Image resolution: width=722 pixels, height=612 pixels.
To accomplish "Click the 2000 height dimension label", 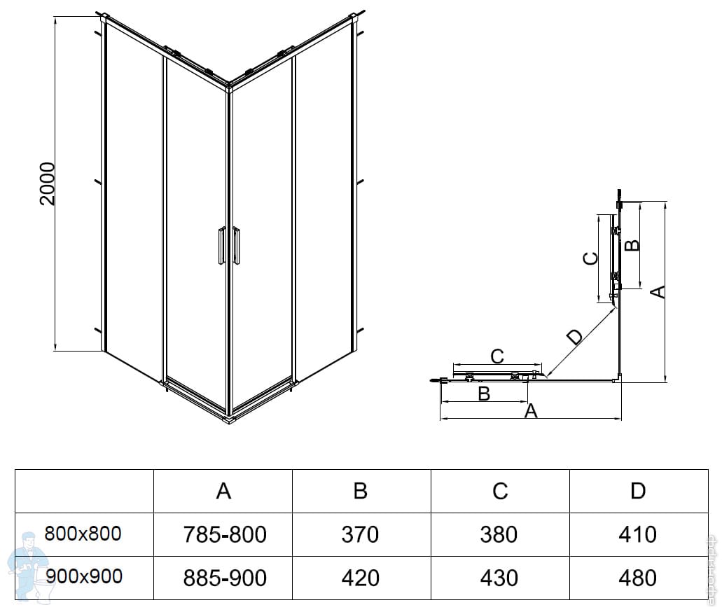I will (x=47, y=184).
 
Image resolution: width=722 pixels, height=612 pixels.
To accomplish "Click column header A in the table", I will (x=223, y=491).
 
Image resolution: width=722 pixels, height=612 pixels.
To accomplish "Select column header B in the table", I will (x=361, y=491).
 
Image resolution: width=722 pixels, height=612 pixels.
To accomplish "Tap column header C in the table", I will (x=499, y=491).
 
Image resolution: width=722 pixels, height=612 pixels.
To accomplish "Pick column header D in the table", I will (x=637, y=491).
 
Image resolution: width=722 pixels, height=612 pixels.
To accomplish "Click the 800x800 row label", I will (x=83, y=534).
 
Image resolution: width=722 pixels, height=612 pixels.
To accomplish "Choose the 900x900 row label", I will (x=83, y=577).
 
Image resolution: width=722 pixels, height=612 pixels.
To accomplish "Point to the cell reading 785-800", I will (x=224, y=535).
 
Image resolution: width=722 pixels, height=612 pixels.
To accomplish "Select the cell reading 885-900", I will (x=224, y=578).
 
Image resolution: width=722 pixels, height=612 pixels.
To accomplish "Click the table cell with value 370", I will (x=361, y=535).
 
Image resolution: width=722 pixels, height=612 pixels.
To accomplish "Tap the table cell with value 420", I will (x=361, y=578).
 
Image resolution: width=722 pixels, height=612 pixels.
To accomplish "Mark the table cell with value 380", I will (x=499, y=535).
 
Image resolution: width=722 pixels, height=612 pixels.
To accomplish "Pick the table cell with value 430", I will (x=499, y=578).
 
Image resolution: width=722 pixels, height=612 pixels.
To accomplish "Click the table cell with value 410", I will (x=638, y=535).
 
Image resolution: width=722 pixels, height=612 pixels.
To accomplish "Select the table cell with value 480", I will (x=638, y=578).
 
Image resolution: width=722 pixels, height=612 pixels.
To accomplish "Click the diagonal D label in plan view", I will (x=574, y=337).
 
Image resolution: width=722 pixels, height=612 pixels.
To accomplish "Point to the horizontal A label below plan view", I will (x=531, y=411).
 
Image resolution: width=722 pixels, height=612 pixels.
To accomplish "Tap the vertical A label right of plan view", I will (x=658, y=291).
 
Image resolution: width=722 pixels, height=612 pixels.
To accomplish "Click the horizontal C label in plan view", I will (x=497, y=356).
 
